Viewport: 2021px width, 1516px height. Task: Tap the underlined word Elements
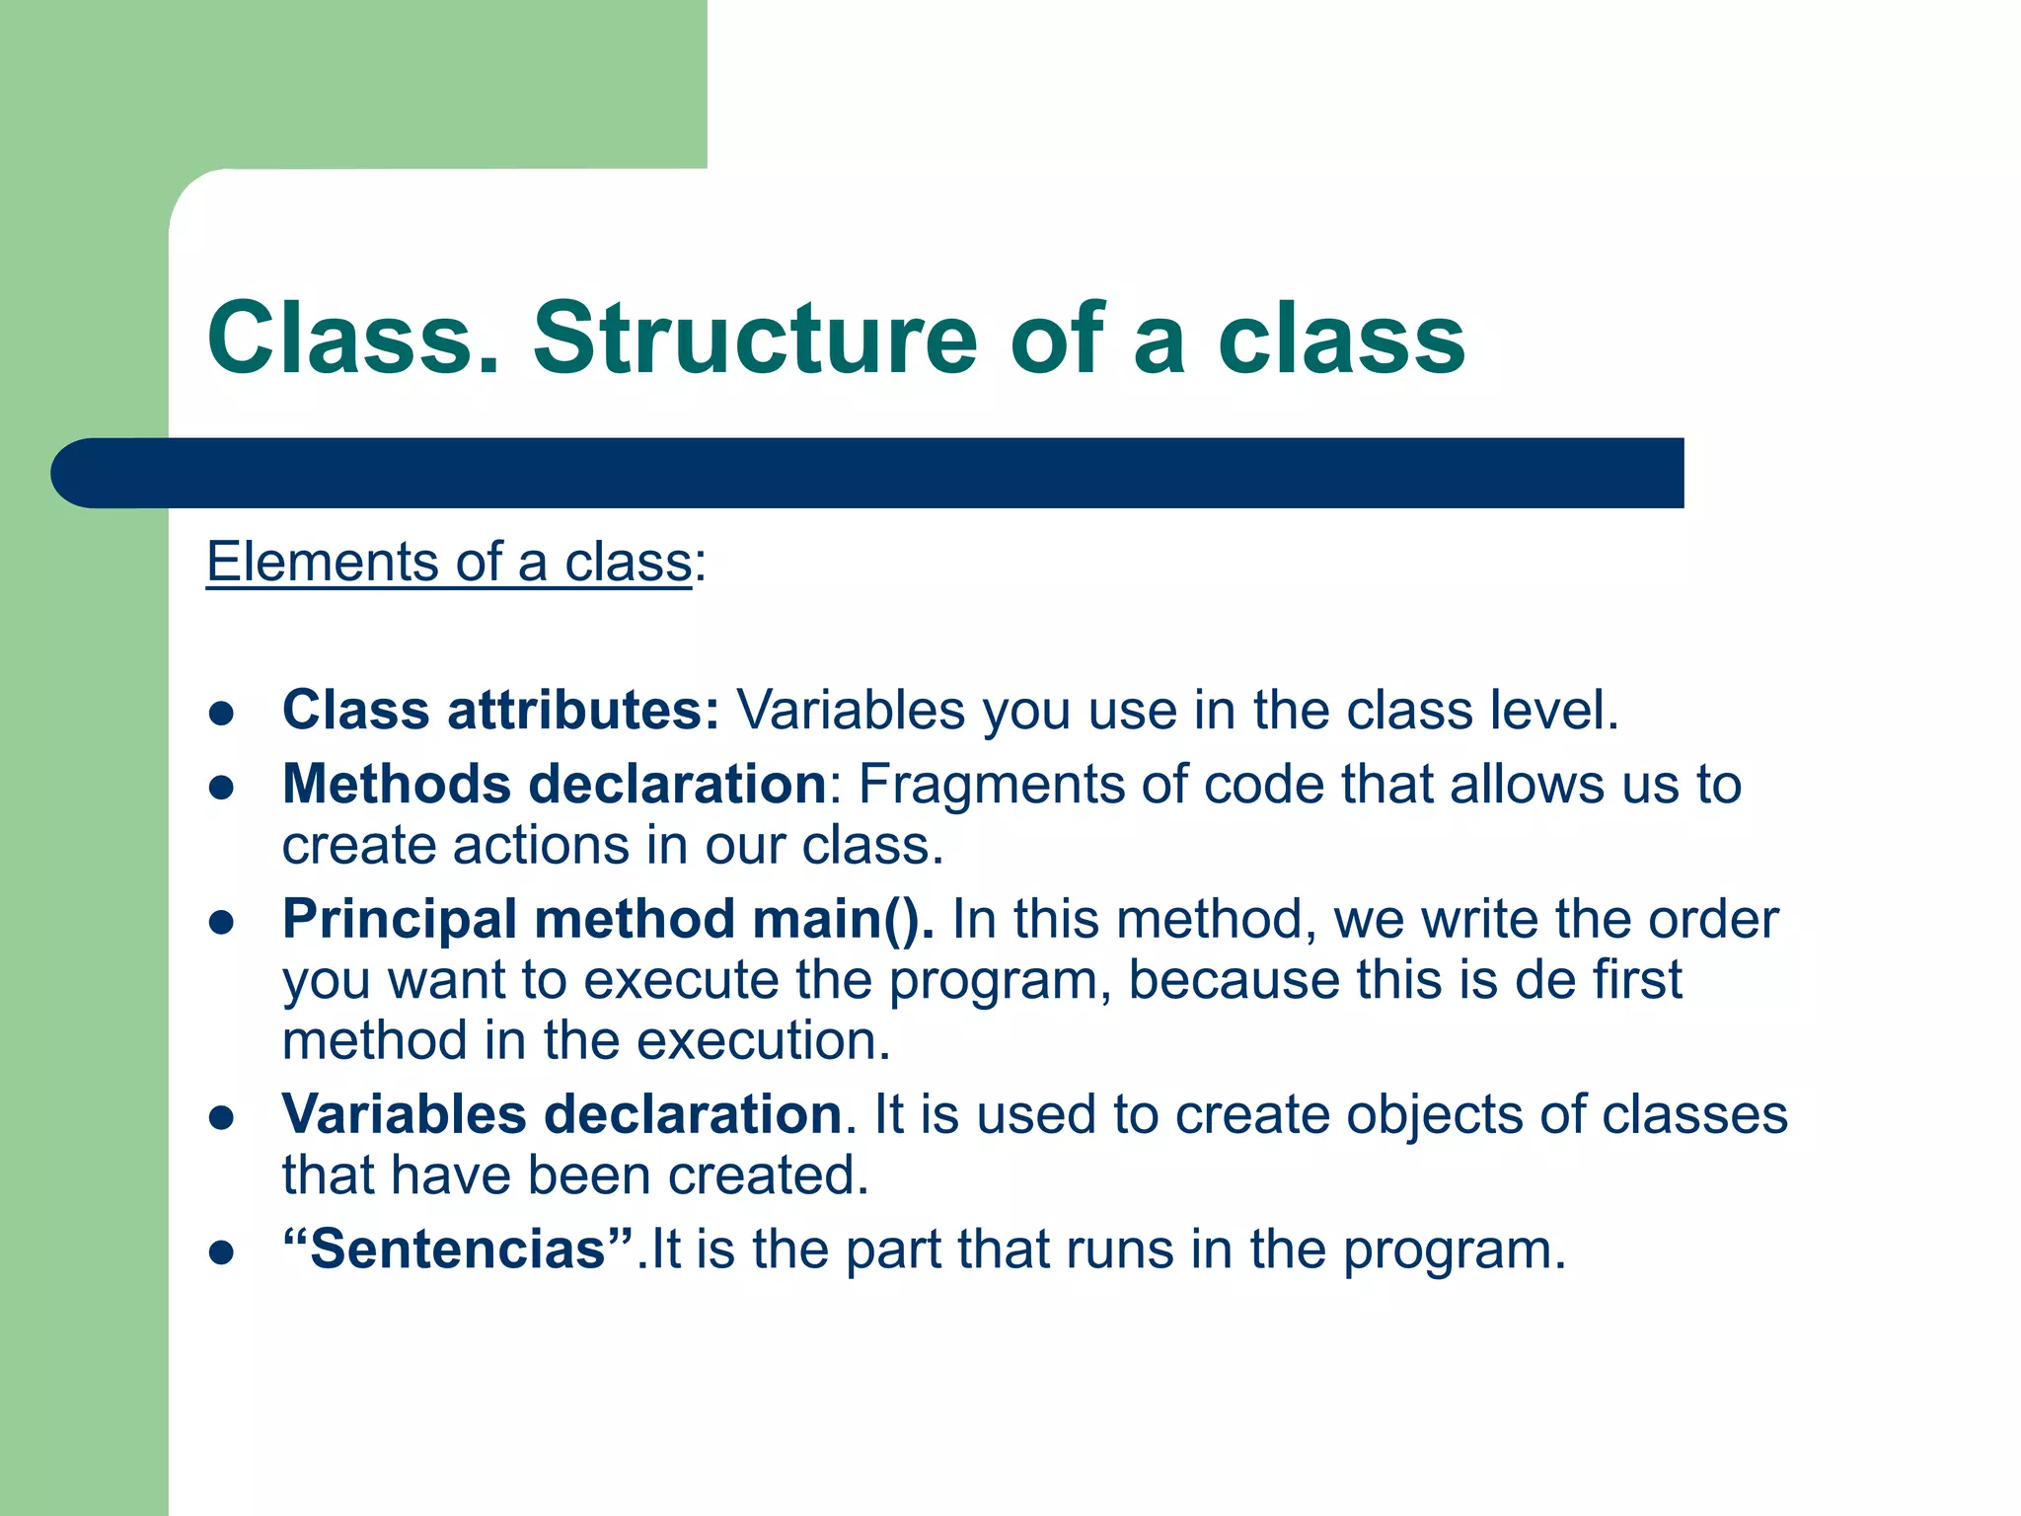pyautogui.click(x=322, y=562)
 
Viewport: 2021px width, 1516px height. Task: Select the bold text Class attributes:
pyautogui.click(x=501, y=710)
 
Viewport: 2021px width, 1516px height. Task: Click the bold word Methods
pyautogui.click(x=396, y=785)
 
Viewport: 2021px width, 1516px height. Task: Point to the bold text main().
pyautogui.click(x=843, y=919)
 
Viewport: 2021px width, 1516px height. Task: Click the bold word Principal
pyautogui.click(x=400, y=919)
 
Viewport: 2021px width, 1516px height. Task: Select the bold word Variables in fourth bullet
pyautogui.click(x=404, y=1114)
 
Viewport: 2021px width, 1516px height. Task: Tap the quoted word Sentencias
pyautogui.click(x=457, y=1249)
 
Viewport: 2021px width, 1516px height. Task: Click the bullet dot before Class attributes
pyautogui.click(x=221, y=713)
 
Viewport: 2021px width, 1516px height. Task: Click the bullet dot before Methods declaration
pyautogui.click(x=221, y=787)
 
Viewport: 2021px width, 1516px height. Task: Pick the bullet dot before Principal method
pyautogui.click(x=221, y=922)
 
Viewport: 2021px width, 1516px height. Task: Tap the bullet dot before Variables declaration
pyautogui.click(x=221, y=1117)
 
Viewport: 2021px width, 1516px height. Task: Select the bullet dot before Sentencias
pyautogui.click(x=221, y=1252)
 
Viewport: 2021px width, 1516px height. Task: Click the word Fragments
pyautogui.click(x=991, y=785)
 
